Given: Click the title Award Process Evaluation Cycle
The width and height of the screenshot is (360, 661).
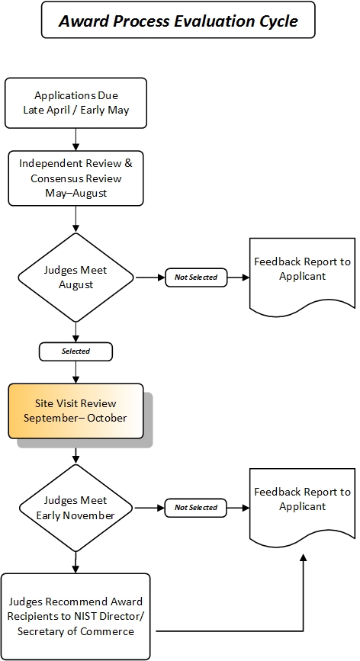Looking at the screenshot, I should [178, 21].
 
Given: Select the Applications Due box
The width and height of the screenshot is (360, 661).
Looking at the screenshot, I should [76, 103].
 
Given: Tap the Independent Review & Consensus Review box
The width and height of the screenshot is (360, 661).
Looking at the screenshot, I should [76, 178].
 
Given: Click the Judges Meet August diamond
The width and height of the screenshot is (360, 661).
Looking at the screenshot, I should [76, 277].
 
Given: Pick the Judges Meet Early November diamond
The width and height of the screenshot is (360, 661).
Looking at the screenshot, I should [76, 508].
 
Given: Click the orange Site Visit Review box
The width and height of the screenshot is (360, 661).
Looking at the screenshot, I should [76, 411].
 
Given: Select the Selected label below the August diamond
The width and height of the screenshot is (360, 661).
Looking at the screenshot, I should [76, 351].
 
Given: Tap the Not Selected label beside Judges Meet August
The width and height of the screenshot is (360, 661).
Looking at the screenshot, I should [196, 278].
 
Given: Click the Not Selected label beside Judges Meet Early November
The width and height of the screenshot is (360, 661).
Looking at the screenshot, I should [196, 508].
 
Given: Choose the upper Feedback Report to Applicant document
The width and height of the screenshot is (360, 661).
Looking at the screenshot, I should [302, 271].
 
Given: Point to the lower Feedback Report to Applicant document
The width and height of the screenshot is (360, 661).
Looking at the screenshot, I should [302, 500].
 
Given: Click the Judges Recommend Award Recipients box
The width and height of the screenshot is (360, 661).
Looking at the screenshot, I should [76, 616].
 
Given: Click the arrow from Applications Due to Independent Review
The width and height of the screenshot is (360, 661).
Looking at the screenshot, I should [76, 139].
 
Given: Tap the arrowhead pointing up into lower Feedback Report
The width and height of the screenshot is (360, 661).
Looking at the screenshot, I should [303, 559].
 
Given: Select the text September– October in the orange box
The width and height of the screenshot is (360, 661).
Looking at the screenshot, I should [76, 418].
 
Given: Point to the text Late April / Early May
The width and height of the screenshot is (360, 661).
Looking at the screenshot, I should [76, 110].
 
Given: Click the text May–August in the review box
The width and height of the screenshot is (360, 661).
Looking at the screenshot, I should [76, 192].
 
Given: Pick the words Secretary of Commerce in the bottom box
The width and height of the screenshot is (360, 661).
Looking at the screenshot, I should [76, 631].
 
